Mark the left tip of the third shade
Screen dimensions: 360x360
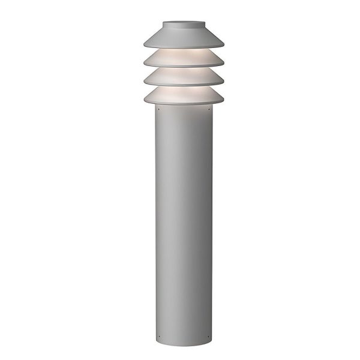145,81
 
